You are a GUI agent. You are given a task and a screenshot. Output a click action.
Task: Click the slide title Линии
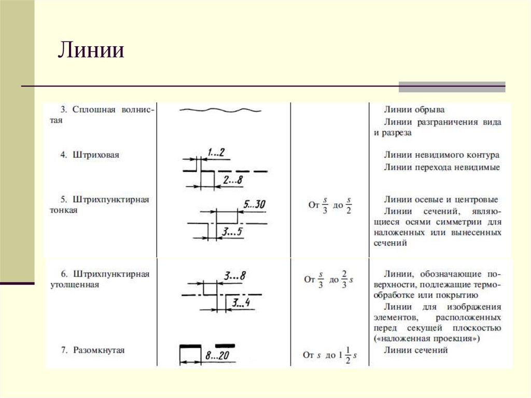[x=91, y=51]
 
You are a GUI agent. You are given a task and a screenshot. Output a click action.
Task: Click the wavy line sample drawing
[x=220, y=110]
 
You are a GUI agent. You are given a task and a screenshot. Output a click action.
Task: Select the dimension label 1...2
[x=216, y=152]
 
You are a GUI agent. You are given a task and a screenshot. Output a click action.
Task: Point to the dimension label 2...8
[x=233, y=180]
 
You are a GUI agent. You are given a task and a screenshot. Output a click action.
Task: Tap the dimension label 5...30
[x=254, y=204]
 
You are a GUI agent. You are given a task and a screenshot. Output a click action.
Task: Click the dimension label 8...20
[x=218, y=356]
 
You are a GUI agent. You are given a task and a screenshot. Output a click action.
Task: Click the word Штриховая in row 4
[x=96, y=155]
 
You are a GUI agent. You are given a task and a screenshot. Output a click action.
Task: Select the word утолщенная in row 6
[x=75, y=285]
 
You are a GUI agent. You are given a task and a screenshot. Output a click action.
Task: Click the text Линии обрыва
[x=414, y=109]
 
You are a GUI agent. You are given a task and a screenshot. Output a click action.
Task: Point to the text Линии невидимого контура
[x=442, y=155]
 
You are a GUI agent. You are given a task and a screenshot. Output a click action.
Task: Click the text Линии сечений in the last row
[x=416, y=350]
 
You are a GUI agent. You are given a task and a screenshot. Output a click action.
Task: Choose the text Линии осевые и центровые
[x=441, y=199]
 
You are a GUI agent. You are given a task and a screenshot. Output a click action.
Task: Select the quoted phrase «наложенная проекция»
[x=426, y=338]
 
